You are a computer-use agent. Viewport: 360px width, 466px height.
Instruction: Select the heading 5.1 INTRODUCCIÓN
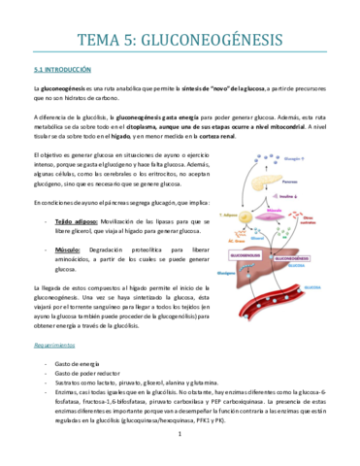62,70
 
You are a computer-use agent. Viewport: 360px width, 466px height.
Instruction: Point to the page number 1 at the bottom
180,447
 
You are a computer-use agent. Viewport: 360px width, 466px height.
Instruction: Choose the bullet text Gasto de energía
77,361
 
